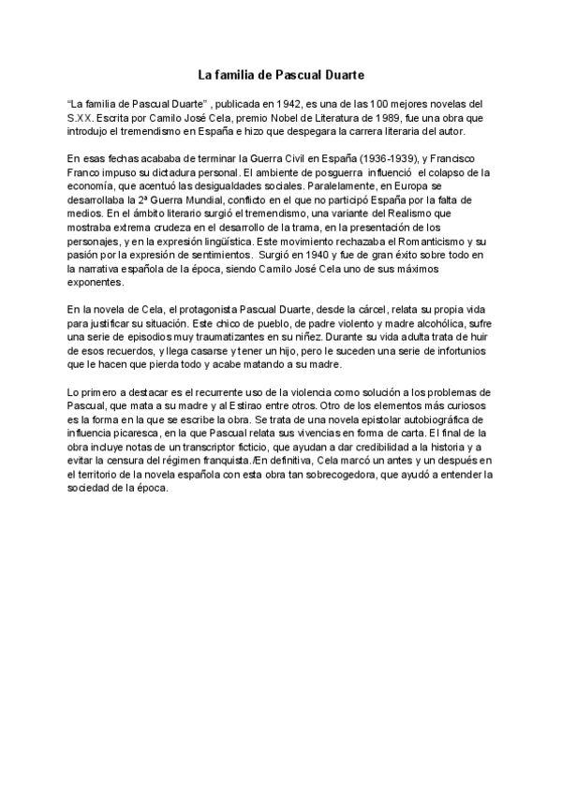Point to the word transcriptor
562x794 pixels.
click(183, 448)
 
